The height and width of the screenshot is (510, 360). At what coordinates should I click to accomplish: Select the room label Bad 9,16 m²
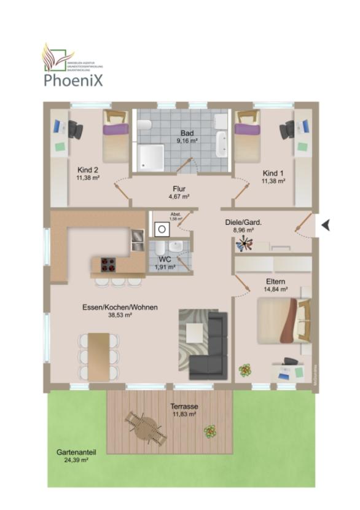pos(187,136)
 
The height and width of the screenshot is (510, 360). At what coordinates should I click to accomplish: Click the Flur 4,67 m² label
pos(179,192)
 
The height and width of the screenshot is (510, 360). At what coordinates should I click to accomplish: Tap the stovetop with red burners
pos(108,265)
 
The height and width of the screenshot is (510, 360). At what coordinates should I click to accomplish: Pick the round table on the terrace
pos(146,428)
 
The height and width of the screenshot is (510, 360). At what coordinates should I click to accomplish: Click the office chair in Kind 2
pos(75,129)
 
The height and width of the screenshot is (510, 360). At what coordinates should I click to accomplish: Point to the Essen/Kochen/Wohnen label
pos(119,310)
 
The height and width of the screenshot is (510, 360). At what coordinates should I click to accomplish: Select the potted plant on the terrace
pos(210,431)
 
